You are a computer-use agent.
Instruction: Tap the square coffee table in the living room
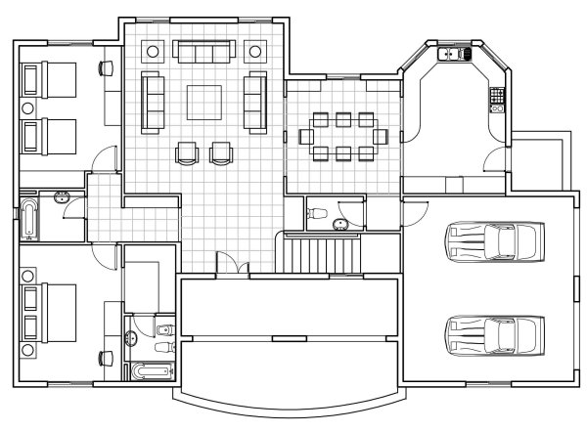pos(203,102)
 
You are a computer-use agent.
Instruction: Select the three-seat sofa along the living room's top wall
pos(203,51)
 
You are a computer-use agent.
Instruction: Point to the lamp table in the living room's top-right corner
pos(256,51)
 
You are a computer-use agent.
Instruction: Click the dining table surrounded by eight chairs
pos(342,136)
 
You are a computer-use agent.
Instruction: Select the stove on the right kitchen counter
pos(496,96)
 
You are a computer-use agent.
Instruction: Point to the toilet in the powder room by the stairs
pos(320,213)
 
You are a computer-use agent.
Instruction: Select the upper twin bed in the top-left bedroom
pos(44,75)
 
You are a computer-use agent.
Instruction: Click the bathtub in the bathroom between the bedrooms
pos(28,220)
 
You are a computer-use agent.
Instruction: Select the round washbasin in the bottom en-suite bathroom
pos(133,339)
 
